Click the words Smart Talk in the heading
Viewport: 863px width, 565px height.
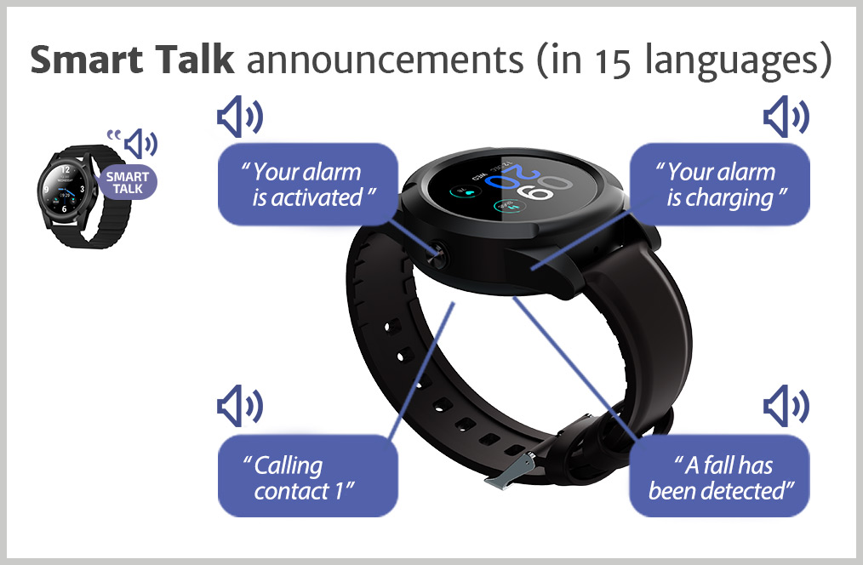click(x=132, y=60)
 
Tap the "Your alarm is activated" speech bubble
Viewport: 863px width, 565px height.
click(x=307, y=185)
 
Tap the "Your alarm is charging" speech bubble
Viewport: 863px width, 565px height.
click(x=719, y=185)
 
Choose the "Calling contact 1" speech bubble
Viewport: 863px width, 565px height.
click(x=307, y=476)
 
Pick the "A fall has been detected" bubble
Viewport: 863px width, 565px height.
click(x=719, y=476)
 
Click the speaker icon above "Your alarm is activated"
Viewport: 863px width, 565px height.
click(x=239, y=117)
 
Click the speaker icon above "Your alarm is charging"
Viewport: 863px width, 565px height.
click(x=786, y=117)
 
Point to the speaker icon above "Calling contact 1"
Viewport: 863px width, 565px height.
click(x=239, y=406)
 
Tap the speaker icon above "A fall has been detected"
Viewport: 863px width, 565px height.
click(x=786, y=406)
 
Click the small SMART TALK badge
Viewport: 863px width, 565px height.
click(x=128, y=182)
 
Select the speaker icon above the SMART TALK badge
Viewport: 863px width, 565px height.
click(x=140, y=144)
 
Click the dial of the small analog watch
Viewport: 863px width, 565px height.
click(x=65, y=189)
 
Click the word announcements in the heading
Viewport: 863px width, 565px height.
click(x=385, y=60)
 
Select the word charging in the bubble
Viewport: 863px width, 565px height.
click(x=719, y=199)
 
